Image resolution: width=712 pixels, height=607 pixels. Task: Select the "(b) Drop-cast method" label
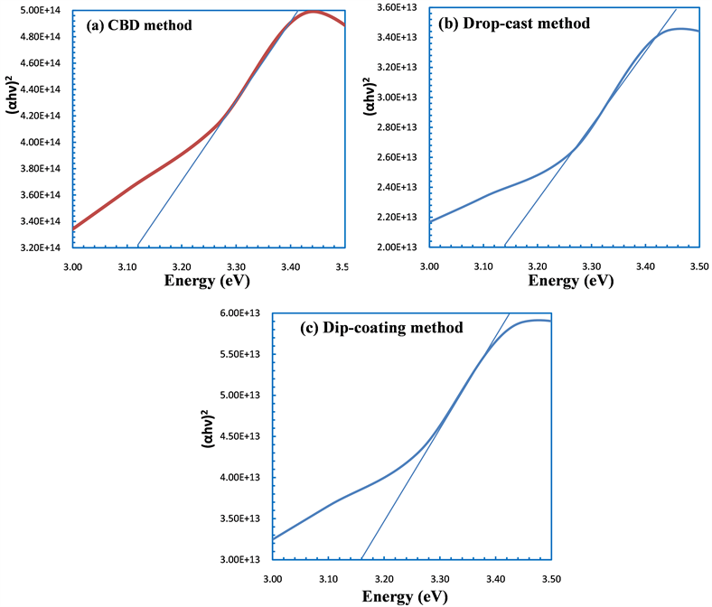(513, 23)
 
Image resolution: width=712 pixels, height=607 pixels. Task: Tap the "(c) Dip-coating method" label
(381, 328)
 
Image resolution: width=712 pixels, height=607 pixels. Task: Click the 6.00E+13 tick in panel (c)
(242, 313)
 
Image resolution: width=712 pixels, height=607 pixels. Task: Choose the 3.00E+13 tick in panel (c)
(242, 560)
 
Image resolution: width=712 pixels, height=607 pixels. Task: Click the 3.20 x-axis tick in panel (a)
(182, 266)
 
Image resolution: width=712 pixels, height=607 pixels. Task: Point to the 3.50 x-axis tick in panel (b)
(698, 266)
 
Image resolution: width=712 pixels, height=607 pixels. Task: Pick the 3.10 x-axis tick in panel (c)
(328, 578)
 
